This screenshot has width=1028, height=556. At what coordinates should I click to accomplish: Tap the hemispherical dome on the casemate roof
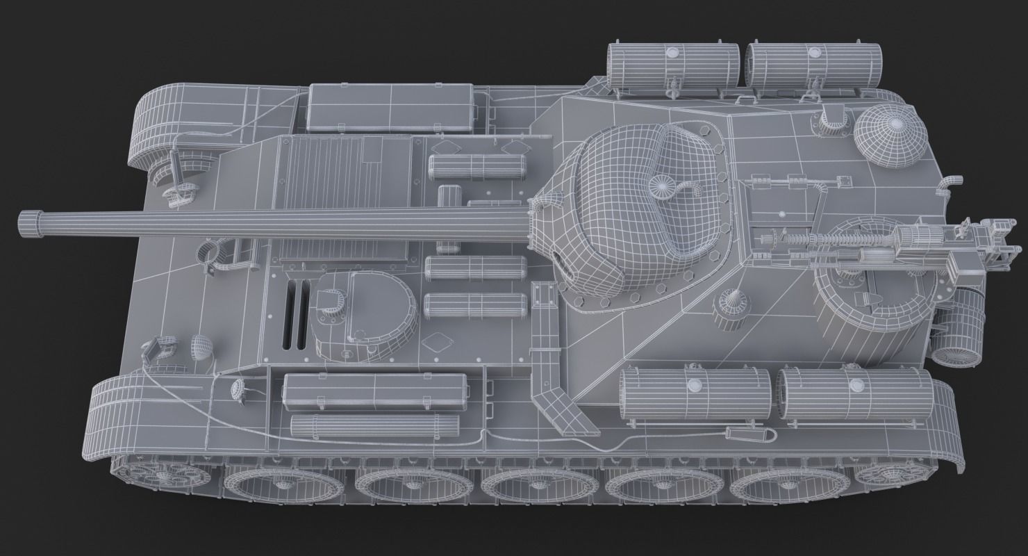coord(891,138)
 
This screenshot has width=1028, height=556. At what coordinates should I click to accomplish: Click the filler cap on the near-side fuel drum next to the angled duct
coord(695,386)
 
